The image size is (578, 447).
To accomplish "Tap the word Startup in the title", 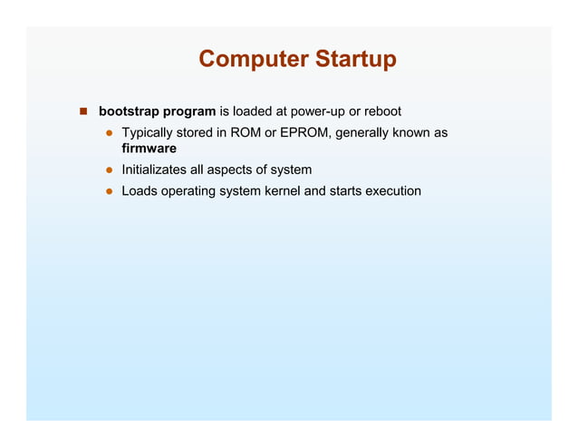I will [x=354, y=60].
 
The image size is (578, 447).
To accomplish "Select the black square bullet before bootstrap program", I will [x=82, y=112].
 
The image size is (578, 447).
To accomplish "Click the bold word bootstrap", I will [x=128, y=112].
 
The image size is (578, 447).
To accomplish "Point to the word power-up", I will [x=315, y=112].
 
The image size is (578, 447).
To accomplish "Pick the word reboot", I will [x=382, y=112].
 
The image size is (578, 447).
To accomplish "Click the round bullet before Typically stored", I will [x=107, y=134].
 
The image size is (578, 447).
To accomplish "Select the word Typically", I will [x=149, y=133].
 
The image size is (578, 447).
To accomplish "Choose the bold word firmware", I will [x=149, y=149].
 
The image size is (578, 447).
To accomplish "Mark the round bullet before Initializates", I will [x=107, y=170].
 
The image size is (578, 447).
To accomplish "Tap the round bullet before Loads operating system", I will [x=107, y=192].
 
